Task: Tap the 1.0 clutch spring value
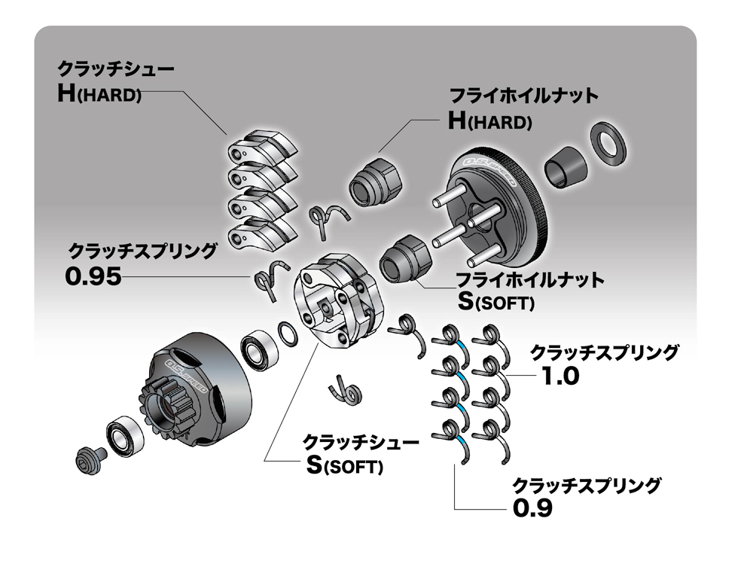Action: point(560,375)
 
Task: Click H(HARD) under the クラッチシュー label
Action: point(99,95)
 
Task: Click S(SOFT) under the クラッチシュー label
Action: point(344,465)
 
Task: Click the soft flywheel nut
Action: point(404,258)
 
